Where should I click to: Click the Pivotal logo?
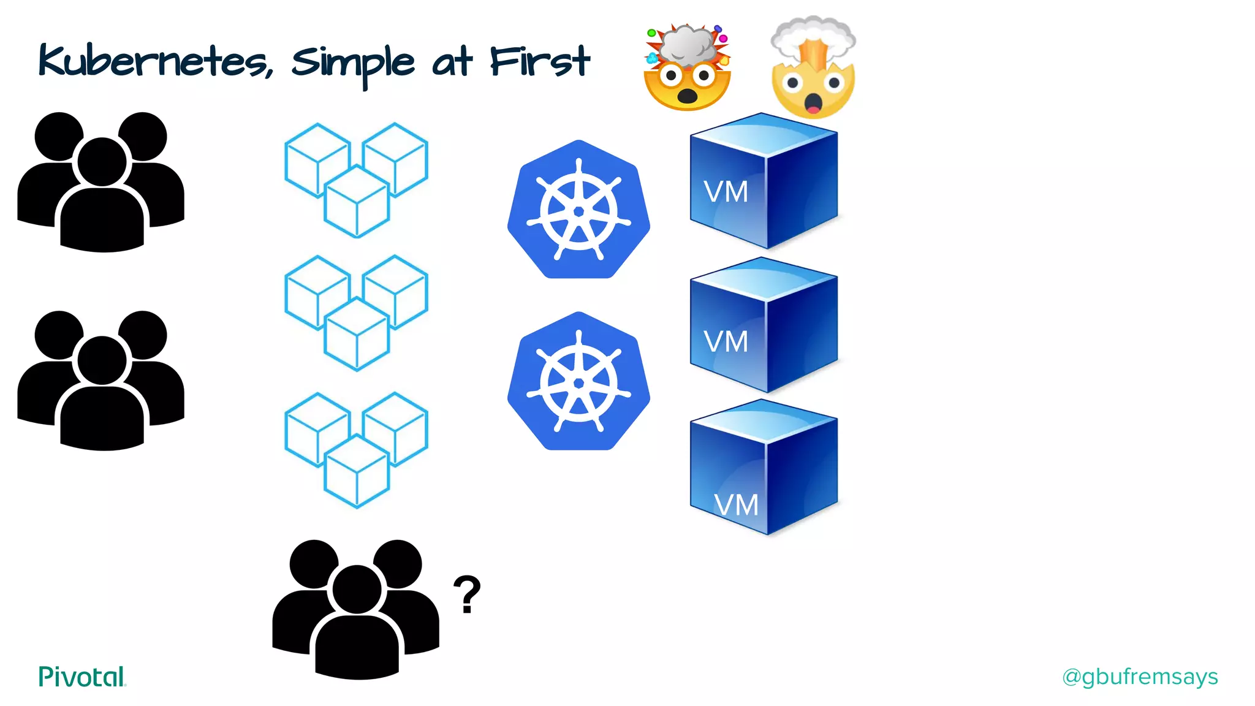(x=82, y=677)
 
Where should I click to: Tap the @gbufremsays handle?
(x=1140, y=677)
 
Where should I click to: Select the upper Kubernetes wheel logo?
(x=578, y=210)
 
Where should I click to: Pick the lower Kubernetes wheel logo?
(x=578, y=382)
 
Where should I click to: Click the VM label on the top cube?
(x=726, y=192)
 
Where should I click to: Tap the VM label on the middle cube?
(x=726, y=341)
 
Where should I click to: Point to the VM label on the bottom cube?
(x=737, y=505)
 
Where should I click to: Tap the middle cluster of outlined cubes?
(x=357, y=312)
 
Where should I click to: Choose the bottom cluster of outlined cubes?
(x=357, y=449)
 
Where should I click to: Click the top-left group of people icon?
(x=101, y=182)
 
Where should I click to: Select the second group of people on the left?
(x=101, y=381)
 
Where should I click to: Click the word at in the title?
(x=452, y=63)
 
